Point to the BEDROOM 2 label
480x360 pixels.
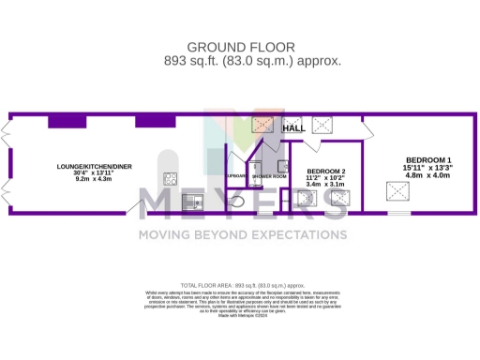pos(326,172)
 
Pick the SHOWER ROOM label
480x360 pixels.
pos(267,175)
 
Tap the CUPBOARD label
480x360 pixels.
pos(236,175)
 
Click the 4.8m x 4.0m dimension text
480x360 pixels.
pos(427,175)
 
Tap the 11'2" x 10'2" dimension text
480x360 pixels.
pos(326,178)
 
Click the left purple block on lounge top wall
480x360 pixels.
pos(74,121)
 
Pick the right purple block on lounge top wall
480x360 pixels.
pos(155,121)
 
